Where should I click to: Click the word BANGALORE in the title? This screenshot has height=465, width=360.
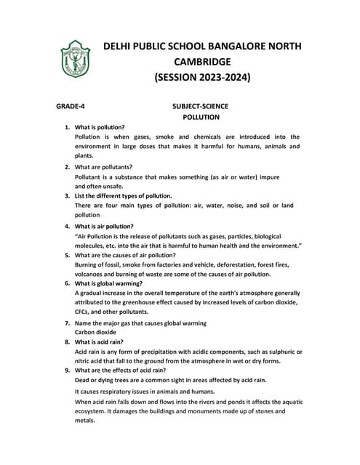click(225, 46)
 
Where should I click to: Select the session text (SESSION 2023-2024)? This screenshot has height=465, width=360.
click(202, 76)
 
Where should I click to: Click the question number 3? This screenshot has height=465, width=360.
click(67, 196)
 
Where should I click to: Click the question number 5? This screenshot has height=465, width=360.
click(67, 256)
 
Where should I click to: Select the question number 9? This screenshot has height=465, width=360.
click(67, 370)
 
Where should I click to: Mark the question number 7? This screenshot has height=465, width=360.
click(67, 323)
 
